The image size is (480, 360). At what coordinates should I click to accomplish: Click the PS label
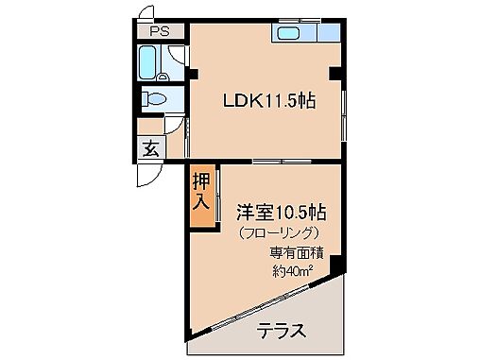(x=152, y=30)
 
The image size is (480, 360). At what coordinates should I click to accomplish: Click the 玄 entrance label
(x=150, y=147)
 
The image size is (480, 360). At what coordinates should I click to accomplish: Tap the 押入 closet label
(x=201, y=192)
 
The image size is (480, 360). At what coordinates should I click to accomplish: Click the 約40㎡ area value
(x=294, y=271)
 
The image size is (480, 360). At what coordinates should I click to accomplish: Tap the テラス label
(x=281, y=331)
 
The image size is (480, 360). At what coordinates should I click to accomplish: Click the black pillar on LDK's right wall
(x=334, y=73)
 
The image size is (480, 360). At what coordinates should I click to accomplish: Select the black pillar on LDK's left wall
(x=191, y=74)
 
